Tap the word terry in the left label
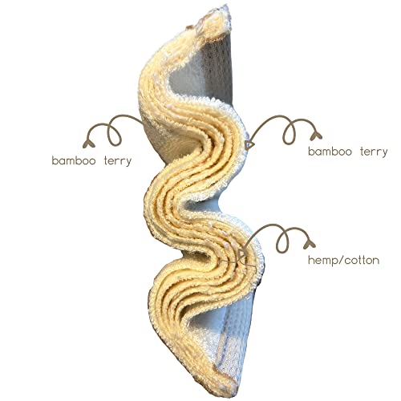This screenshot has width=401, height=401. (118, 161)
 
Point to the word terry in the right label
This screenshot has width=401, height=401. (374, 152)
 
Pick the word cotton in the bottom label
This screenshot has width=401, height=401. (362, 260)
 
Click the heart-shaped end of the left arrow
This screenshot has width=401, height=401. (88, 144)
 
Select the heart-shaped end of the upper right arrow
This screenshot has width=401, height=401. (316, 136)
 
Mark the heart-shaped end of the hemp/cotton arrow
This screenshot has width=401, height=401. (310, 244)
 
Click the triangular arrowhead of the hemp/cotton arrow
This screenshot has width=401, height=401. (242, 253)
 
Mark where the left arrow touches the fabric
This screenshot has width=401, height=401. (144, 124)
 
